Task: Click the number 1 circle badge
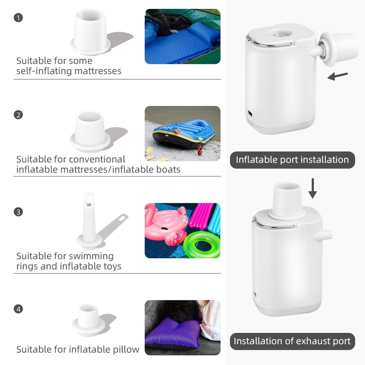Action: tap(18, 18)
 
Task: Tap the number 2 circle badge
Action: tap(18, 115)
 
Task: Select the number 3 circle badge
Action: tap(18, 212)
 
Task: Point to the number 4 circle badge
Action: tap(18, 309)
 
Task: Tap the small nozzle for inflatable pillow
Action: tap(88, 319)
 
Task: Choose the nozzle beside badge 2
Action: tap(90, 131)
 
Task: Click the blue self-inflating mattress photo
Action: tap(182, 36)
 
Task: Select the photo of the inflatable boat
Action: tap(182, 133)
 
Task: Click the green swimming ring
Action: tap(201, 245)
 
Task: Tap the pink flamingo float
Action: tap(166, 224)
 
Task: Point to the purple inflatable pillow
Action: tap(173, 333)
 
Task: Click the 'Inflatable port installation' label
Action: tap(292, 160)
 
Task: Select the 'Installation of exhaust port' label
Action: tap(292, 341)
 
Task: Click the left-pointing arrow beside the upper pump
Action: tap(338, 76)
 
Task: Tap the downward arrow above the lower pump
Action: tap(313, 188)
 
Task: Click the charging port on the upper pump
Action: tap(250, 114)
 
